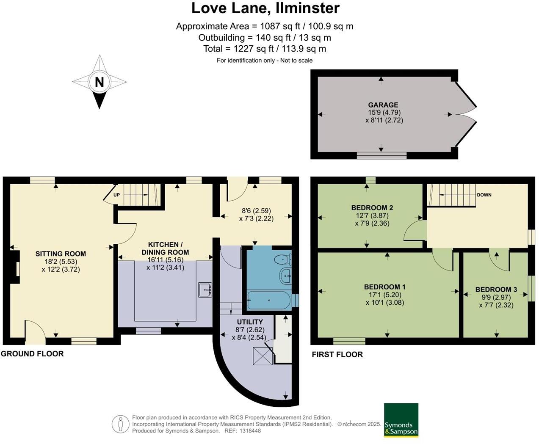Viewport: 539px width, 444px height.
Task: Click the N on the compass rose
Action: click(99, 82)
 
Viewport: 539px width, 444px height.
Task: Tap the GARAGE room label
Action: click(383, 105)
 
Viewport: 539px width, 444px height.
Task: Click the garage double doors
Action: click(466, 114)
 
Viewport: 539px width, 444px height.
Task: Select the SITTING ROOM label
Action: click(61, 254)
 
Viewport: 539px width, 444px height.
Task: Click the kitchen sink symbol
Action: click(205, 290)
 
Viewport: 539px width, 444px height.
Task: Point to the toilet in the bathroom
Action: click(282, 259)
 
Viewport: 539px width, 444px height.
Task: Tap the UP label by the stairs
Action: click(117, 195)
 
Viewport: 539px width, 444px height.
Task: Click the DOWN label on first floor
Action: click(484, 195)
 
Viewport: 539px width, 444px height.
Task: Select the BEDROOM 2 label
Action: click(372, 208)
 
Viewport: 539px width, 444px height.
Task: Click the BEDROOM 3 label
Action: click(496, 290)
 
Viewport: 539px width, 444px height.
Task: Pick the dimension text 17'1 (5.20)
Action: click(384, 295)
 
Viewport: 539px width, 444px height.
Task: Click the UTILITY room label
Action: click(250, 322)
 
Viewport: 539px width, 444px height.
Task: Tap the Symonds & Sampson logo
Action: click(401, 420)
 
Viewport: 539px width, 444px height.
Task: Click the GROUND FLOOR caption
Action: click(32, 354)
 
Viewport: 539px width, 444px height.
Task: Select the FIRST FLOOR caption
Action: click(337, 355)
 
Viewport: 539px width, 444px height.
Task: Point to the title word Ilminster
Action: click(304, 8)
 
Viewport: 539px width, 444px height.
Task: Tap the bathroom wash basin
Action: click(286, 276)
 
